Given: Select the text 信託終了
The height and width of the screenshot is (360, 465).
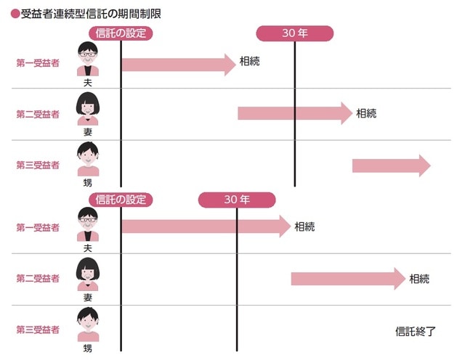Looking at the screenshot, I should click(415, 332).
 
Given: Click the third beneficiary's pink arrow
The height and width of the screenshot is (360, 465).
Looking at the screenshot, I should click(391, 165).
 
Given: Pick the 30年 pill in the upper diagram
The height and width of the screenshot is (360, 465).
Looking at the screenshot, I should click(295, 33).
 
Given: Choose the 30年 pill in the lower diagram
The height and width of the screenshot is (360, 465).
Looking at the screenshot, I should click(237, 200).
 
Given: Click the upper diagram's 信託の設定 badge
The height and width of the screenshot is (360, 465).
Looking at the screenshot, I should click(121, 33).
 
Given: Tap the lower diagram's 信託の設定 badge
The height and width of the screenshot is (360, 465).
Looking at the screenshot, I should click(121, 200).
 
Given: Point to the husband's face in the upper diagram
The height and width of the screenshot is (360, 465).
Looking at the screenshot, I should click(88, 57).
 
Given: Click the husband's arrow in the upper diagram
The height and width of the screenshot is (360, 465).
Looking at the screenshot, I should click(179, 64).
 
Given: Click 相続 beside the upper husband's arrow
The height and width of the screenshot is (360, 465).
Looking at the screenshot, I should click(250, 62).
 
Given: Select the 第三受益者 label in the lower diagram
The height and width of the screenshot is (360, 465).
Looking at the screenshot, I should click(38, 330).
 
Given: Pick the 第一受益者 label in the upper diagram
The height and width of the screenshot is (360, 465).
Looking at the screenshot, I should click(38, 63).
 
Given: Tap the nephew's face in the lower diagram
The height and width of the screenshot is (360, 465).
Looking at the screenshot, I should click(88, 321).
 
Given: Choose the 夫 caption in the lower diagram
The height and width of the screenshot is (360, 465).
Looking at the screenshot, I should click(88, 248).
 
